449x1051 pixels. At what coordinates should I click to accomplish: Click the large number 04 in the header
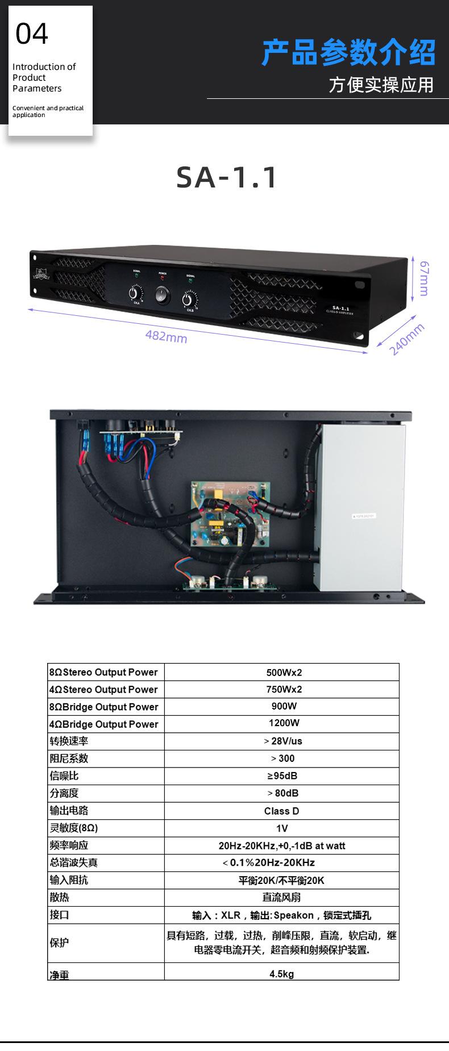point(32,34)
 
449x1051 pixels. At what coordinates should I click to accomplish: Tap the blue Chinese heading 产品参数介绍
point(348,53)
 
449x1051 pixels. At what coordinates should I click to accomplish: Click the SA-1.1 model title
point(227,177)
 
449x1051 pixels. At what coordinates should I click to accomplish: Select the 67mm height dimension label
point(424,278)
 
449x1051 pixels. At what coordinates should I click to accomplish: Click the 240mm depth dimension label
point(407,339)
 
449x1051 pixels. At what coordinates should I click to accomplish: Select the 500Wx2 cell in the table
point(284,673)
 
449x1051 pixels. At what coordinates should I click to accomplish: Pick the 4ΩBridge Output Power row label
point(103,724)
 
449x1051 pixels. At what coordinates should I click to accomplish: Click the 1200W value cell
point(284,723)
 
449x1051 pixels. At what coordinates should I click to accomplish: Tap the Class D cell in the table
point(281,811)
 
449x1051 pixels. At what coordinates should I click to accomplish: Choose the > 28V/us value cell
point(282,741)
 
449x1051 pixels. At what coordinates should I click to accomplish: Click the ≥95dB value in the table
point(282,776)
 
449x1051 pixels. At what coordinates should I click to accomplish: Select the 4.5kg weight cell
point(281,974)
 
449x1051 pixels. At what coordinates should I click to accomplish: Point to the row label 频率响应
point(69,845)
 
